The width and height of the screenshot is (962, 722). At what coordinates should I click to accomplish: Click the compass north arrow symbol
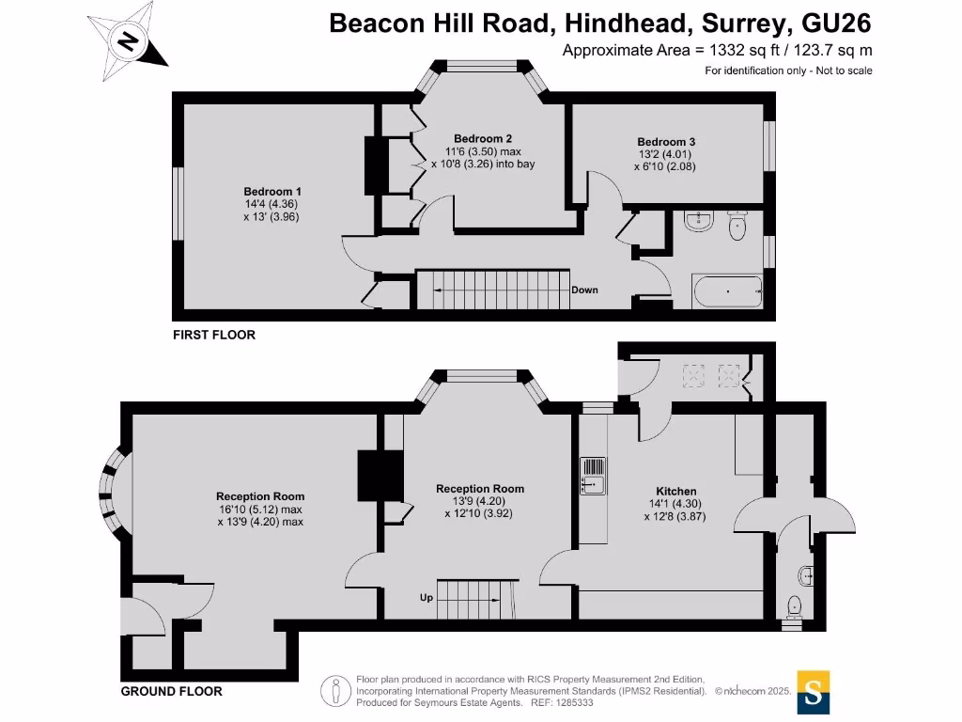(x=126, y=41)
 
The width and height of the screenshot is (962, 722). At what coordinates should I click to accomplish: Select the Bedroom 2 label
(x=482, y=138)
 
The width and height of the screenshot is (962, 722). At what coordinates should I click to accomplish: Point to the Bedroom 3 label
(x=666, y=142)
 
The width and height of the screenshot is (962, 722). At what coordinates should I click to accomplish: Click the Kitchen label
(x=675, y=491)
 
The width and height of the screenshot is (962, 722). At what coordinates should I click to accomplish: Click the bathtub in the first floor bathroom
(x=727, y=292)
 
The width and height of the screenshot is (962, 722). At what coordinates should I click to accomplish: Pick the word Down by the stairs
(x=584, y=290)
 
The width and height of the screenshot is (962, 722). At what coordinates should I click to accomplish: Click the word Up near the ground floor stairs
(x=427, y=596)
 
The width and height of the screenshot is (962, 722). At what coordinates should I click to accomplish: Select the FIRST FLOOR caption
(x=213, y=335)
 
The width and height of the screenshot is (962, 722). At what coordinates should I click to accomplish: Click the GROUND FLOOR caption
(x=172, y=691)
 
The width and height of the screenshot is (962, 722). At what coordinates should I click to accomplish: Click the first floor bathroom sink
(x=699, y=221)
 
